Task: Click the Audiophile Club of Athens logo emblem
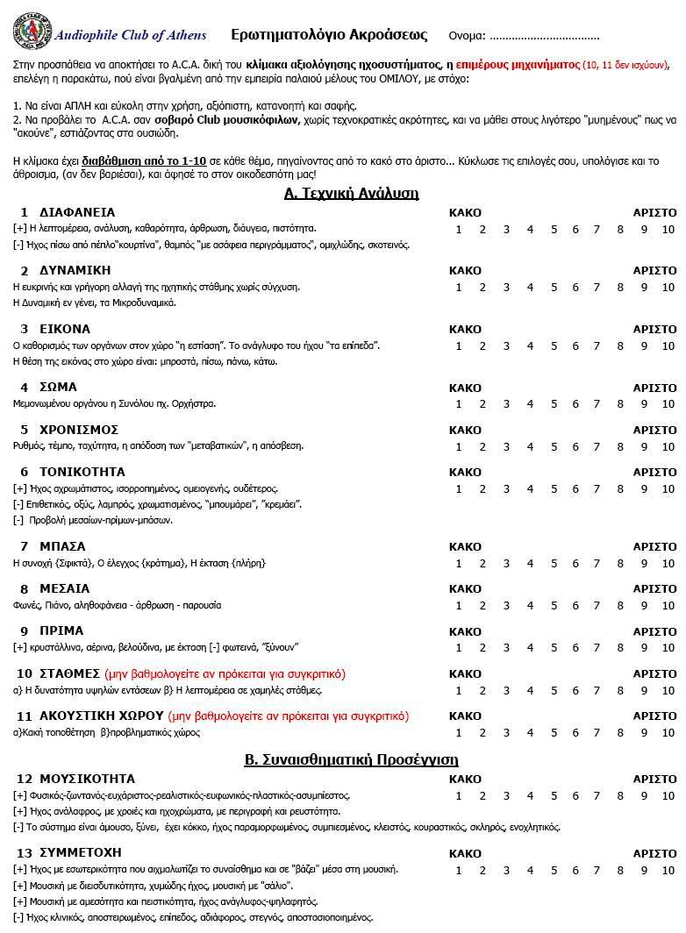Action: pyautogui.click(x=32, y=33)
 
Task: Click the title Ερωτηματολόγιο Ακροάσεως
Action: pyautogui.click(x=329, y=35)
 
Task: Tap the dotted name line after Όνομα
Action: pyautogui.click(x=545, y=37)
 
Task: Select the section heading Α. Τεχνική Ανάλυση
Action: pyautogui.click(x=352, y=193)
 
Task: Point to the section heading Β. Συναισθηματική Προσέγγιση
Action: pyautogui.click(x=351, y=759)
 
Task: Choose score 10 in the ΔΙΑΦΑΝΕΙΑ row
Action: pyautogui.click(x=668, y=230)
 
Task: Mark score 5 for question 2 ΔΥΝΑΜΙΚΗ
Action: pyautogui.click(x=554, y=288)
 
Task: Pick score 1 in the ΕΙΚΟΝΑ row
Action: pyautogui.click(x=459, y=346)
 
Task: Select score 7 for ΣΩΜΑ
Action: pyautogui.click(x=597, y=404)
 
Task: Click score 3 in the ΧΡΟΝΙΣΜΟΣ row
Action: pyautogui.click(x=506, y=447)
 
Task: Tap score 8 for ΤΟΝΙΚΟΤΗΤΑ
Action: pyautogui.click(x=620, y=489)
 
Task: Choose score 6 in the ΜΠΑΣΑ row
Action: pyautogui.click(x=576, y=564)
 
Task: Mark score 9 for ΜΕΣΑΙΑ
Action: pyautogui.click(x=644, y=606)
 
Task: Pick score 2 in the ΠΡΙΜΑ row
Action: pyautogui.click(x=482, y=648)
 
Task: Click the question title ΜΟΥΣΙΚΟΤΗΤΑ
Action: pyautogui.click(x=88, y=779)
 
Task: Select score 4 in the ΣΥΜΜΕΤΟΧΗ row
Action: pyautogui.click(x=530, y=871)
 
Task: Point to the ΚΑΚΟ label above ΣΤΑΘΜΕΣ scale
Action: pyautogui.click(x=465, y=674)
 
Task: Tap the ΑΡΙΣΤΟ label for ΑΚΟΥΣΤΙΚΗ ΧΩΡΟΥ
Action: pyautogui.click(x=654, y=716)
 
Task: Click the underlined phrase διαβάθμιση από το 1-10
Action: pyautogui.click(x=144, y=161)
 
